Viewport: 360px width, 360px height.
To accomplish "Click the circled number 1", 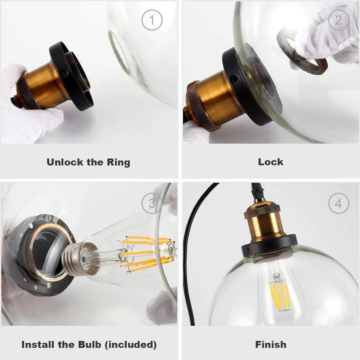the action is (x=152, y=20).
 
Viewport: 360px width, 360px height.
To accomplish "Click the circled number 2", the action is (x=339, y=20).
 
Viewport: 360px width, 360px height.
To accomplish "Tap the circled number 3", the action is (x=152, y=204).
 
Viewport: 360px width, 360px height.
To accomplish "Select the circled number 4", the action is (x=339, y=204).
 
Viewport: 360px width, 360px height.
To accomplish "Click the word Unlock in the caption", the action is (x=65, y=162).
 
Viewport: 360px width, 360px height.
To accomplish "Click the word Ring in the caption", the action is (x=118, y=163).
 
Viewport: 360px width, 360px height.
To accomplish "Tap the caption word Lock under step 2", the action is (x=271, y=162).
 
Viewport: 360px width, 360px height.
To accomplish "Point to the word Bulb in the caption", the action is (x=90, y=345).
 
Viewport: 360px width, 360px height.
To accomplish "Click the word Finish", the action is (x=271, y=344).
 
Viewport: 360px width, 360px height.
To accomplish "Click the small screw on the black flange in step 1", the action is (x=65, y=73).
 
